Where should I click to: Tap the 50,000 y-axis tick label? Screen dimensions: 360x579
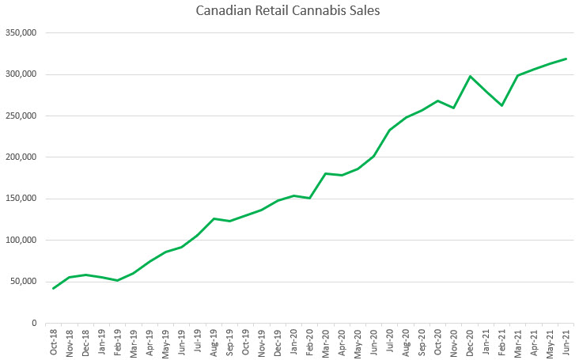pyautogui.click(x=25, y=282)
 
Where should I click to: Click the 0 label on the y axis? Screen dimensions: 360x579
pyautogui.click(x=35, y=323)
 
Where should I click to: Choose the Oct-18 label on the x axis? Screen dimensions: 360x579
pyautogui.click(x=53, y=342)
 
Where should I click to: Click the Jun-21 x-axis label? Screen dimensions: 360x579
pyautogui.click(x=566, y=342)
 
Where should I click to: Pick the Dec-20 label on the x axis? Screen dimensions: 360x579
pyautogui.click(x=470, y=342)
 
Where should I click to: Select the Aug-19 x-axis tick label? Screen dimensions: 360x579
pyautogui.click(x=214, y=342)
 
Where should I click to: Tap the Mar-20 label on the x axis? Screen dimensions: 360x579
pyautogui.click(x=326, y=342)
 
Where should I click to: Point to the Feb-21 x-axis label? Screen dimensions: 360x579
pyautogui.click(x=501, y=342)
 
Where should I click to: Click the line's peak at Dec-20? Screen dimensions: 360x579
pyautogui.click(x=470, y=77)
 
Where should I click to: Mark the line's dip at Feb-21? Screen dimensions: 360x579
pyautogui.click(x=501, y=105)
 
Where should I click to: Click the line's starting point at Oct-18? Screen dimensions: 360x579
pyautogui.click(x=53, y=288)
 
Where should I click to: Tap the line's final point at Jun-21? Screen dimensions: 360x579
pyautogui.click(x=566, y=59)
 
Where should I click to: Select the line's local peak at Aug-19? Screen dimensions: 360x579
pyautogui.click(x=214, y=218)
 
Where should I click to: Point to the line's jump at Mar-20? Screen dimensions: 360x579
pyautogui.click(x=326, y=173)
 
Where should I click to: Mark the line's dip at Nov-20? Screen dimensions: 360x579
pyautogui.click(x=454, y=108)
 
